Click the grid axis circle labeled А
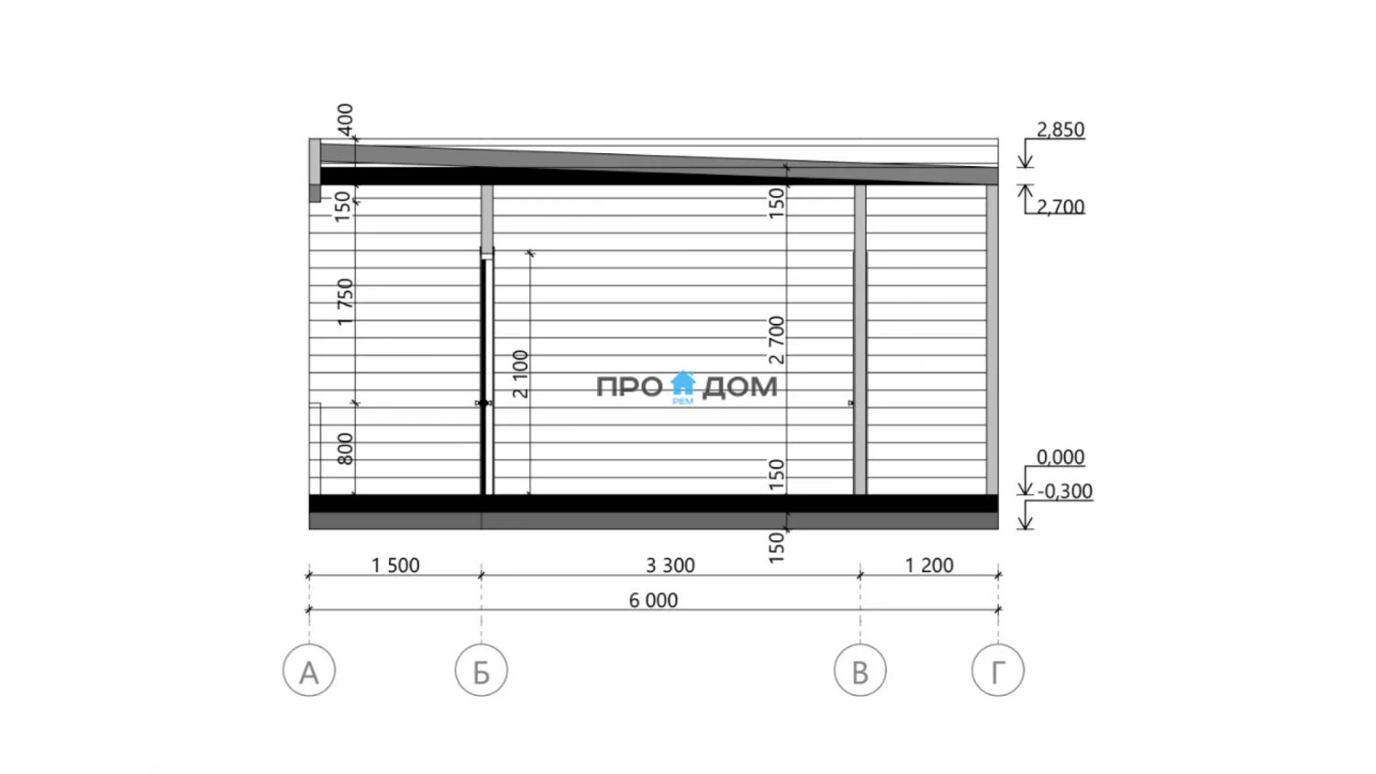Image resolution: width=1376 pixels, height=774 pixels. point(309,670)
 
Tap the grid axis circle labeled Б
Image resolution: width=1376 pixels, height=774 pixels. point(482,670)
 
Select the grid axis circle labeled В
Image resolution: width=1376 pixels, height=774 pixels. point(860,670)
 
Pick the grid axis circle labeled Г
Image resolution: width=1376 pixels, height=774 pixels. point(998,670)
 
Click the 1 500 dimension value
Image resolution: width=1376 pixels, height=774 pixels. point(395,565)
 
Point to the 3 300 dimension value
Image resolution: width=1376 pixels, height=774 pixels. point(671,565)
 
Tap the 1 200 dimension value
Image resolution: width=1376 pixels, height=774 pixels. point(928,565)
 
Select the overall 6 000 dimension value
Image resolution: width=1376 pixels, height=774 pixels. point(653,600)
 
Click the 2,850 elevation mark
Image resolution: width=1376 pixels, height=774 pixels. point(1060,129)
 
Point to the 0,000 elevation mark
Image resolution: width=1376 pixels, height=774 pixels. point(1060,457)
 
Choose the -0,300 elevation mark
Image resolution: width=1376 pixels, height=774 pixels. point(1064,492)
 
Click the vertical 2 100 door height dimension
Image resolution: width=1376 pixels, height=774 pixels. point(520,374)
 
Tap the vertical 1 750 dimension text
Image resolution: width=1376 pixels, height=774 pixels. point(345,302)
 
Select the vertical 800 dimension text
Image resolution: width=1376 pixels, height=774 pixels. point(345,449)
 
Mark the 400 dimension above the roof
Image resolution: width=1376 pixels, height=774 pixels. point(345,120)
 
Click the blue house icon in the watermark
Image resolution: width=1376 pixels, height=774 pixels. point(682,384)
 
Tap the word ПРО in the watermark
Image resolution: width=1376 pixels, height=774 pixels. point(629,387)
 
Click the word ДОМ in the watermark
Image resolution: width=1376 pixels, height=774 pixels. point(739,388)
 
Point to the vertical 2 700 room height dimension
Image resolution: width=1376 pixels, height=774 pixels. point(776,339)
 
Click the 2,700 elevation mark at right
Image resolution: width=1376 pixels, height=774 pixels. point(1060,207)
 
